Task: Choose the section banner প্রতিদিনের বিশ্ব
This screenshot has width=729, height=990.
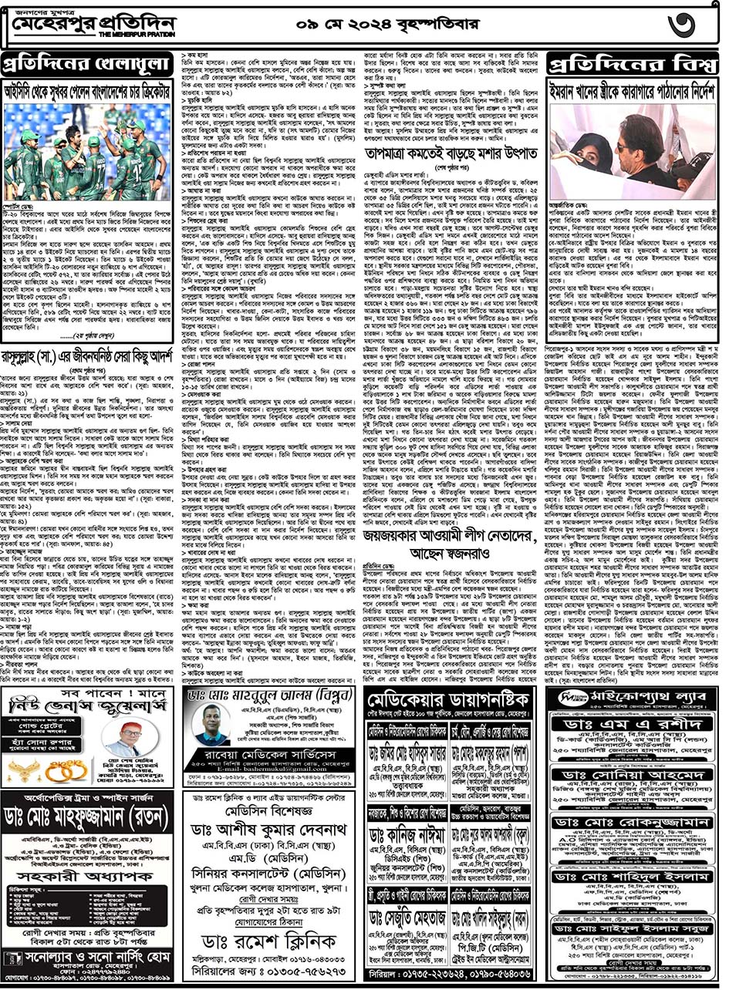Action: tap(633, 62)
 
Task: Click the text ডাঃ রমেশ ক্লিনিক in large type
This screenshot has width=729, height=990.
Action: tap(269, 942)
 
